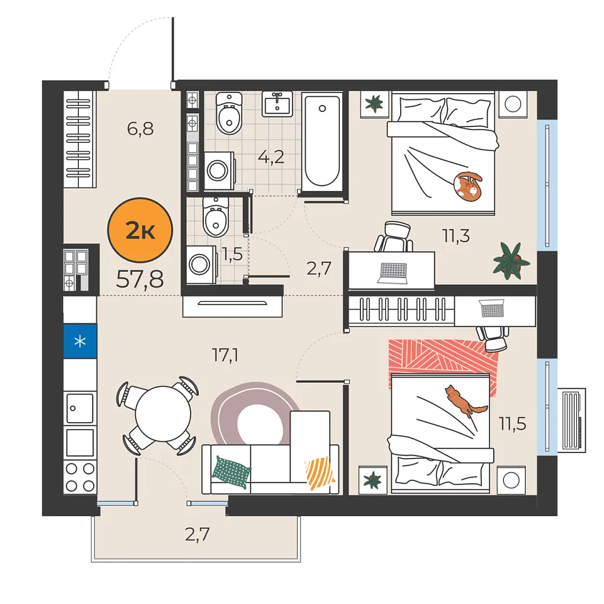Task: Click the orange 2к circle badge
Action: click(x=140, y=230)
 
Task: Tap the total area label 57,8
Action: click(x=140, y=279)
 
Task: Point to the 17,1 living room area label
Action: click(x=225, y=355)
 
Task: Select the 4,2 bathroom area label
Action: click(x=271, y=157)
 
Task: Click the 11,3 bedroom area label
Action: click(x=456, y=236)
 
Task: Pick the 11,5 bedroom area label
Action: click(x=512, y=423)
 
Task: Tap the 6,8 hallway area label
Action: click(x=140, y=128)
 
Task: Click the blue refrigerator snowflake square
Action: click(x=80, y=341)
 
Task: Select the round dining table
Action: click(x=164, y=413)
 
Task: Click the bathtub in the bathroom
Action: click(x=322, y=142)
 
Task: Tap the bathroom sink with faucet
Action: click(x=277, y=104)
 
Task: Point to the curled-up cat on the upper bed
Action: click(x=467, y=187)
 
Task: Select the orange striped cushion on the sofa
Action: click(x=320, y=473)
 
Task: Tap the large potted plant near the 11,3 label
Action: click(x=511, y=260)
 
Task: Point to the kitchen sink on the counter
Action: click(x=80, y=408)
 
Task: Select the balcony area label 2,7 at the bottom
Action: click(x=197, y=534)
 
